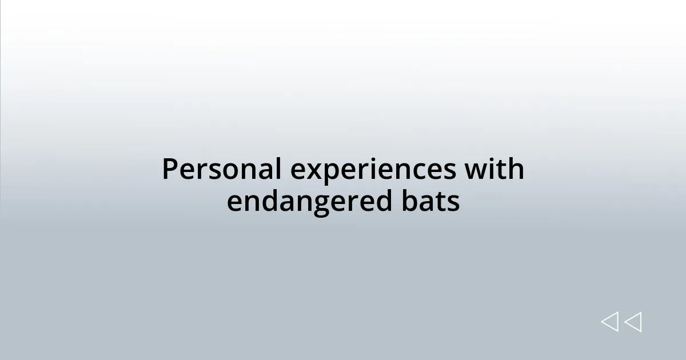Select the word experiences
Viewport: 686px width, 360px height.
click(373, 170)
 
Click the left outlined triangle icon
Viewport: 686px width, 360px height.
click(609, 322)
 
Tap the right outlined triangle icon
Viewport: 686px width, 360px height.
click(633, 322)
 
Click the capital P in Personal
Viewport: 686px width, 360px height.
click(169, 170)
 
